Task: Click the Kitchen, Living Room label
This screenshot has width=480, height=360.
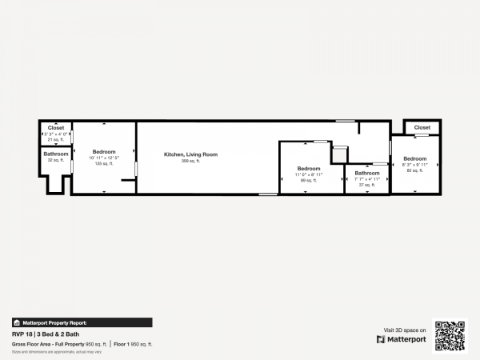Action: (190, 154)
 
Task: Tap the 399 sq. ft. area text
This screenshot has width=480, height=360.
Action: (190, 161)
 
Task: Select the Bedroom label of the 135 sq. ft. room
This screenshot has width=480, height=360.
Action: (104, 152)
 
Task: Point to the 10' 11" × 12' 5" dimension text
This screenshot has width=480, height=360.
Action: (104, 158)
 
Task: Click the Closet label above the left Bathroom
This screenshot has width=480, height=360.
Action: (56, 128)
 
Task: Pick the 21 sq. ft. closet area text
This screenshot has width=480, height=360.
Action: (56, 139)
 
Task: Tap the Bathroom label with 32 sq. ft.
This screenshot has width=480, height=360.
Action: (56, 154)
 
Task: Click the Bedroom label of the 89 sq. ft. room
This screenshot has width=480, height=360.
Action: (309, 168)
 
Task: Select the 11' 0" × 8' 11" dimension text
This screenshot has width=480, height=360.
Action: (309, 174)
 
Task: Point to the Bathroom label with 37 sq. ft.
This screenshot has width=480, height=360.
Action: (367, 173)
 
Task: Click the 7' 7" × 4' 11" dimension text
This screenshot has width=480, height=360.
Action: (367, 179)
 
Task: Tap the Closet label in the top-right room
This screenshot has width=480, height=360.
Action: (422, 127)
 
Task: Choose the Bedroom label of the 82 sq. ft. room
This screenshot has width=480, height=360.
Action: (414, 158)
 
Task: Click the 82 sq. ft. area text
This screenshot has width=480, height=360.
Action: (414, 170)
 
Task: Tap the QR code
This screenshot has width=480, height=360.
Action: (450, 336)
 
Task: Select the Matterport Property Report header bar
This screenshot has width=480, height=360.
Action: (82, 322)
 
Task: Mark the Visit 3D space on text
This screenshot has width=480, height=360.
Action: (405, 330)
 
